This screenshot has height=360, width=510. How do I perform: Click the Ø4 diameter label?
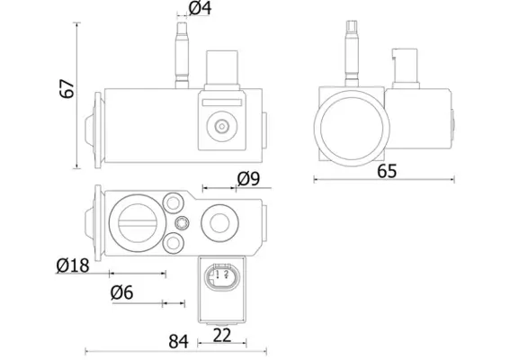tap(200, 8)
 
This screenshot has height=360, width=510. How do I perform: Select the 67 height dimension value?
tap(67, 88)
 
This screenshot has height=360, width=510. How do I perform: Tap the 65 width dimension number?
tap(387, 171)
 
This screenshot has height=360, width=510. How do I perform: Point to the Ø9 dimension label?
tap(248, 179)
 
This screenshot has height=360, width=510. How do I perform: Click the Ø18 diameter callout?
tap(73, 265)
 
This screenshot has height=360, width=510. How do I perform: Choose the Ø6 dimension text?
tap(122, 292)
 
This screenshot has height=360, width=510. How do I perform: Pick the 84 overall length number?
tap(179, 342)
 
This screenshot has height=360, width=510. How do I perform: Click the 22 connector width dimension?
tap(222, 336)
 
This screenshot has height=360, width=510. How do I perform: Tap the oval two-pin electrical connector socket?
tap(221, 276)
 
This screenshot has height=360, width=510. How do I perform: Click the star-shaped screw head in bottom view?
tap(182, 223)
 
